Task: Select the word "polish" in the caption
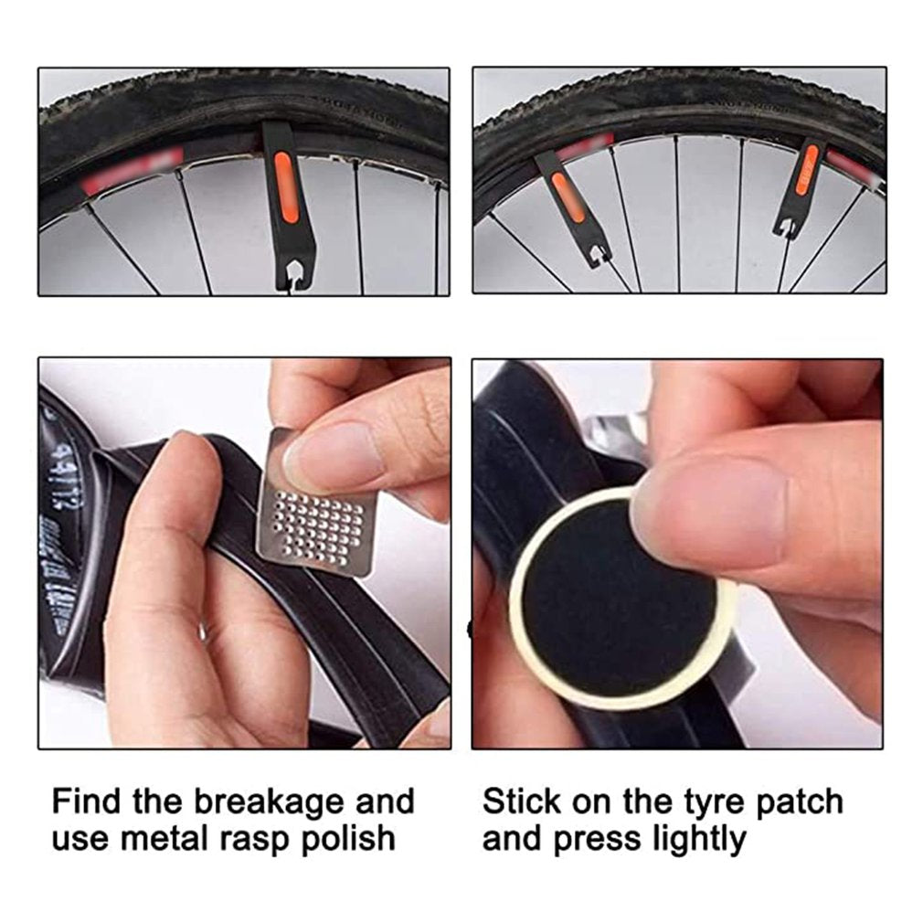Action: click(348, 838)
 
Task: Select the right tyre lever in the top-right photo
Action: click(800, 189)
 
